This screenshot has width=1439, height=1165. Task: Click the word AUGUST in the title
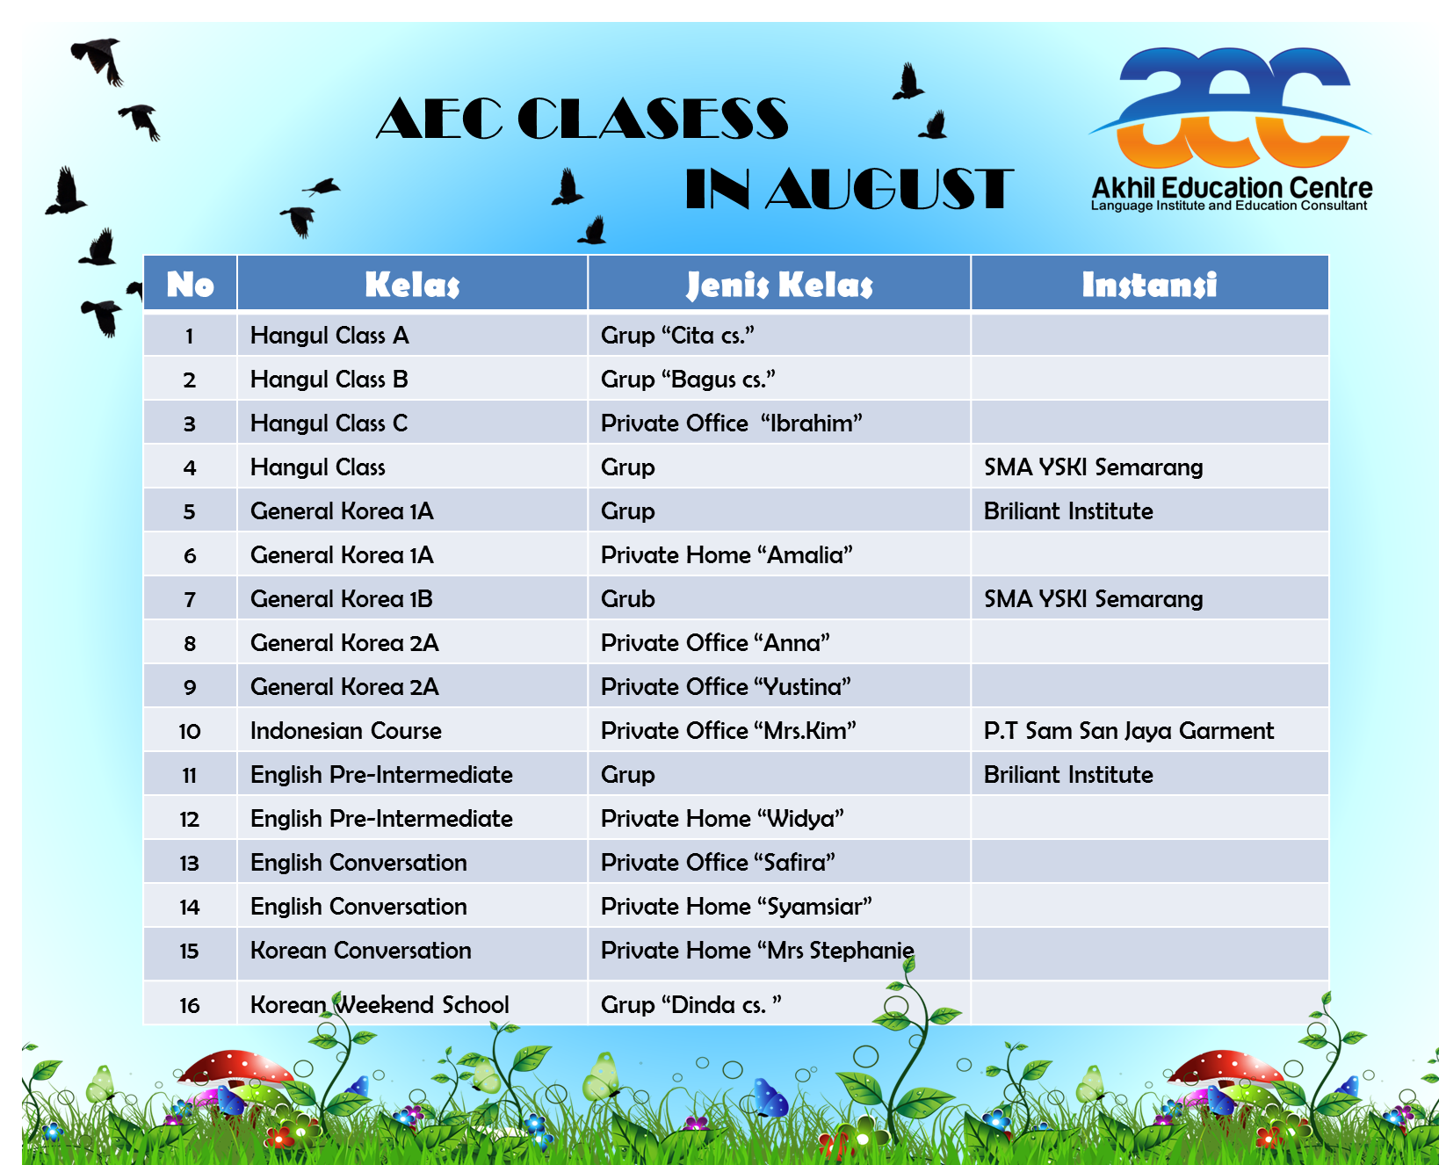(889, 190)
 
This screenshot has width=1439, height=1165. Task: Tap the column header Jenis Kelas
(779, 285)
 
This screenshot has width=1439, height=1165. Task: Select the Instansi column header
(1149, 285)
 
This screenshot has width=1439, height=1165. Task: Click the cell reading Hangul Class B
(329, 380)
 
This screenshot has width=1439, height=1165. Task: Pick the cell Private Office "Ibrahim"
(732, 423)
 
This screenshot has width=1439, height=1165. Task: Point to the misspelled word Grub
(628, 599)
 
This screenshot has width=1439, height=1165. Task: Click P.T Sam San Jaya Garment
(1129, 731)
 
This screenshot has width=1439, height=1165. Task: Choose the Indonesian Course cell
(346, 731)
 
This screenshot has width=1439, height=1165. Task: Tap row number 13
(190, 864)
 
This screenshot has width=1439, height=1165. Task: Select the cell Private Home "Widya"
(722, 819)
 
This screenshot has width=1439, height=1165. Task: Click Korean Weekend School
(380, 1004)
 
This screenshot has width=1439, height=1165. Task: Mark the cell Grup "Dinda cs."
(691, 1004)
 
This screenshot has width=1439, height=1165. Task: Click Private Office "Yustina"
(727, 687)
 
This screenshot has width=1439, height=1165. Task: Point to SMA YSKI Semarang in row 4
(1094, 467)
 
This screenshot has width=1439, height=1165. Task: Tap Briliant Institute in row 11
(1068, 775)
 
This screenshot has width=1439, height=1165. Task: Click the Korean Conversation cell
(361, 951)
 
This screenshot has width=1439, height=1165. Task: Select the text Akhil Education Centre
(1232, 188)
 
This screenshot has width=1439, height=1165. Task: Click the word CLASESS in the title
(653, 119)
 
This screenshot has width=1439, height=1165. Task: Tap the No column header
(191, 285)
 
